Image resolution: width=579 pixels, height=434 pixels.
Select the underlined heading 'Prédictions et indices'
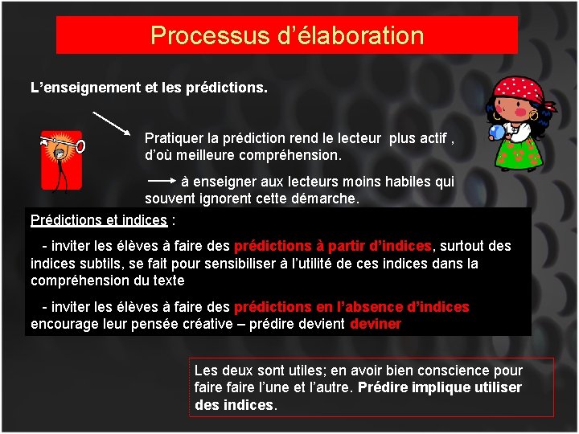(99, 220)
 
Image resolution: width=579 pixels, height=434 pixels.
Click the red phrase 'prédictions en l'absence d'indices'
(351, 307)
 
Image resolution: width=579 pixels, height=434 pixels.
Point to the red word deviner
(376, 324)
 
